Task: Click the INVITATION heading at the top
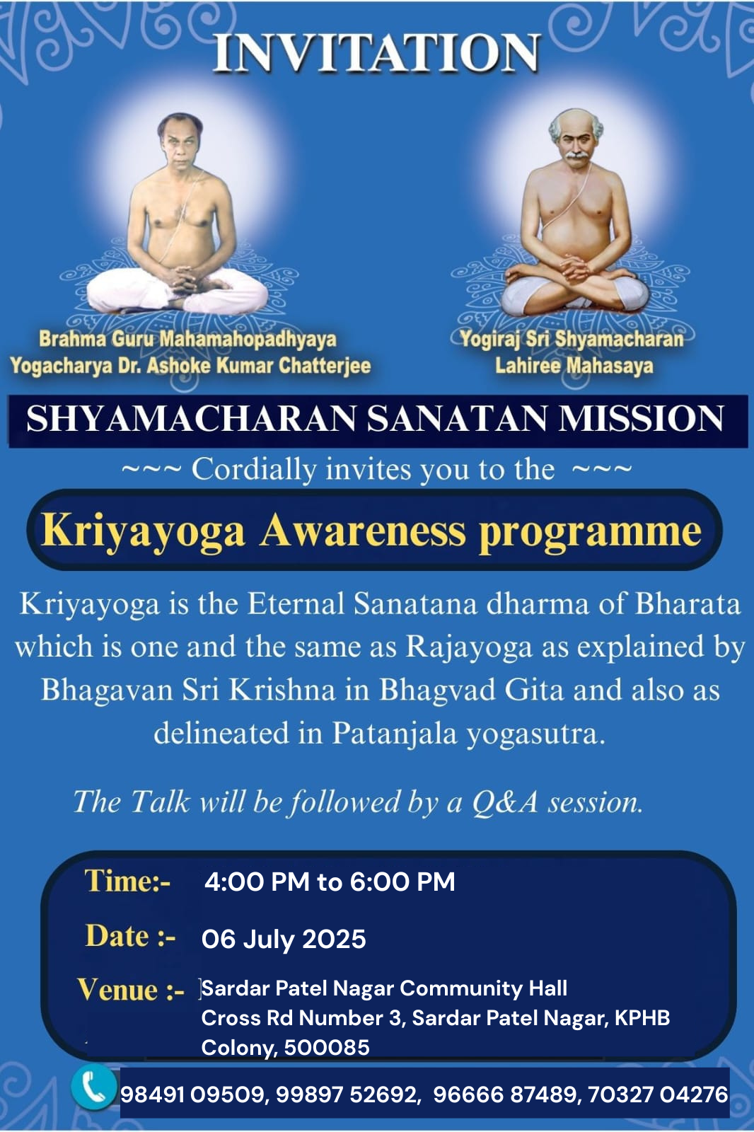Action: pos(376,52)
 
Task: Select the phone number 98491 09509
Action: pos(192,1095)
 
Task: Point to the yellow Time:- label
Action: pos(127,882)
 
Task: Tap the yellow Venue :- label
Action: pos(130,990)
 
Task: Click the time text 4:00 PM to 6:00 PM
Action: pos(330,882)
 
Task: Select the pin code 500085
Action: pos(327,1048)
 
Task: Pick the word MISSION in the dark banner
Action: pos(641,419)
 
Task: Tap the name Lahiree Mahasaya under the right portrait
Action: pos(574,365)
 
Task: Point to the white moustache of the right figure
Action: pos(576,155)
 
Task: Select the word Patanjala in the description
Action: pos(394,734)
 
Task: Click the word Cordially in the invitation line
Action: pos(254,470)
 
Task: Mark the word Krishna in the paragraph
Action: pos(282,690)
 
